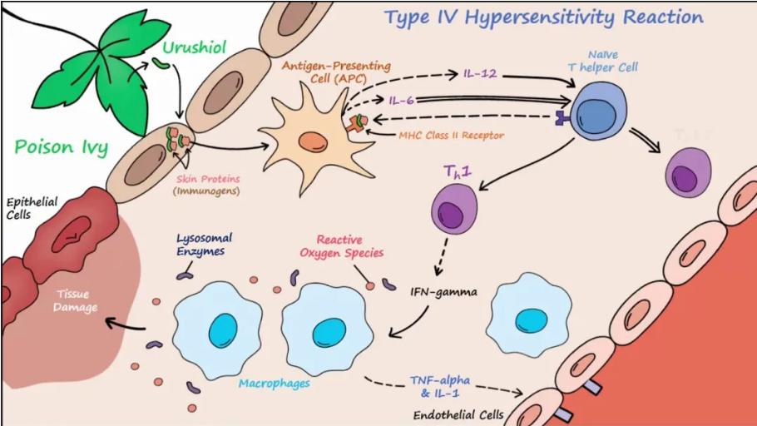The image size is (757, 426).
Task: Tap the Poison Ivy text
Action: [62, 148]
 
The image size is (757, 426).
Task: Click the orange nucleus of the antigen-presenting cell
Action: [313, 141]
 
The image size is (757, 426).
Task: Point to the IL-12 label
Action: [480, 74]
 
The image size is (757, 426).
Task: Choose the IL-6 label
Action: [401, 101]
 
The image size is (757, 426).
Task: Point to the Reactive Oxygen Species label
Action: [349, 247]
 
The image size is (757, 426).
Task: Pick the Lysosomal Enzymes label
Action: [200, 244]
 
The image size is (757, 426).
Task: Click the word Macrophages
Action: [274, 384]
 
